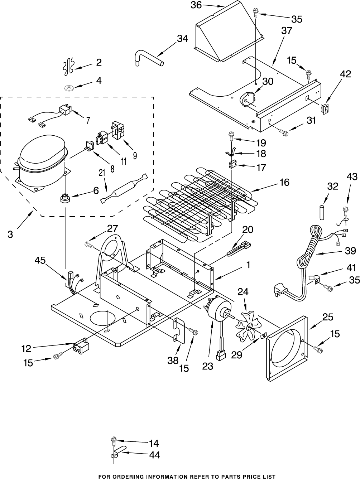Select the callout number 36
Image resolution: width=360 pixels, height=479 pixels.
click(196, 5)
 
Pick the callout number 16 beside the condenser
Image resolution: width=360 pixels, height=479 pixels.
click(284, 182)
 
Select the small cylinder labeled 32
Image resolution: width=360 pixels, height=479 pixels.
click(322, 212)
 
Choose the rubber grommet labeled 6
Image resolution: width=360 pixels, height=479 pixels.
click(65, 198)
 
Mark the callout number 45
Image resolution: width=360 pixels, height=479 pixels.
click(40, 261)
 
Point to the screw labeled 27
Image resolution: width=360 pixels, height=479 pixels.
click(90, 244)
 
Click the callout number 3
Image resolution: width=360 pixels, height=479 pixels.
click(10, 234)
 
